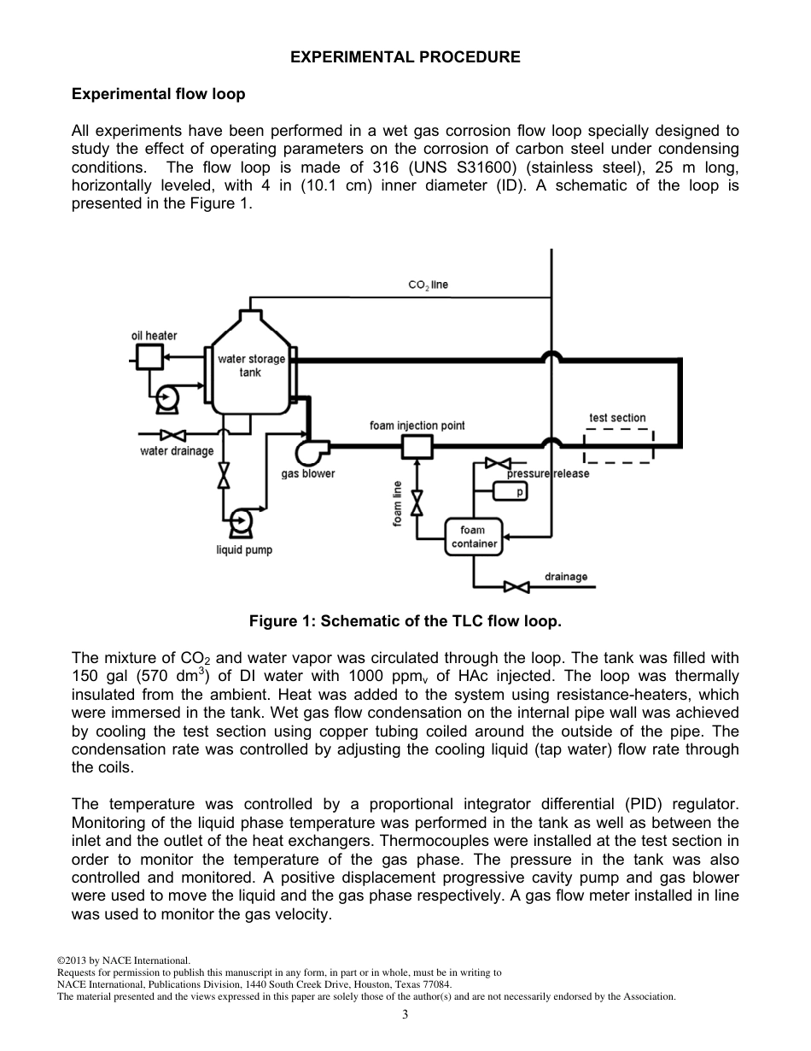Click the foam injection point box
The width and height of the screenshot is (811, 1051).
417,445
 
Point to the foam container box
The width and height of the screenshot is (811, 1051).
473,537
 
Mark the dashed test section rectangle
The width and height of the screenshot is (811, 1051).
618,445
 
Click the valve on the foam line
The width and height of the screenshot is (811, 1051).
417,502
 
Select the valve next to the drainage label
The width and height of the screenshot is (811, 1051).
516,586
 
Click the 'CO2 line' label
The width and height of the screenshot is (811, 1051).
428,285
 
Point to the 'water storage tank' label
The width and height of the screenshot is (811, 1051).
251,366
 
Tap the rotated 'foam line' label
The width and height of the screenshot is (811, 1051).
397,503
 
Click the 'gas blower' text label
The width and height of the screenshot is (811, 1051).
308,473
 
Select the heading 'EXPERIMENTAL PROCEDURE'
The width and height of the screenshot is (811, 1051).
405,57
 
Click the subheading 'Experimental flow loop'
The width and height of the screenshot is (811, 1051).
158,94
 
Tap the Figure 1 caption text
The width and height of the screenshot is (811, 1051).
405,621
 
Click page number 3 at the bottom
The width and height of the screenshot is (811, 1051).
405,1014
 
